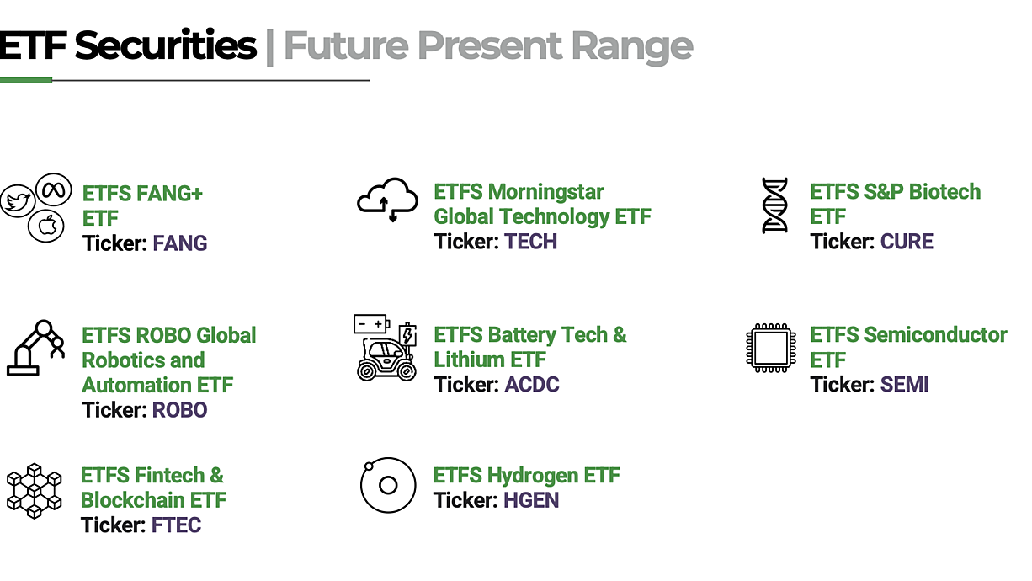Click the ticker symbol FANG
click(179, 243)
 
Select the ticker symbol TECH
click(531, 242)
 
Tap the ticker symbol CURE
click(907, 242)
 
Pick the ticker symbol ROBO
click(179, 410)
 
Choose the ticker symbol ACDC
click(532, 385)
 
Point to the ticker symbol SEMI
click(904, 385)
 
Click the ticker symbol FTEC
click(177, 525)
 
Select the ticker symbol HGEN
click(531, 500)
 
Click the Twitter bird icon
click(18, 201)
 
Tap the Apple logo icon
click(46, 226)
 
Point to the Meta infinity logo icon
click(54, 189)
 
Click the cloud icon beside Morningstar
click(387, 200)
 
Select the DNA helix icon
click(775, 205)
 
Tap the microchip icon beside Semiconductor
click(771, 348)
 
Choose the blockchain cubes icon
click(35, 491)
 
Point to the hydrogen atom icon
click(388, 485)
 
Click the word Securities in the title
click(165, 45)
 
